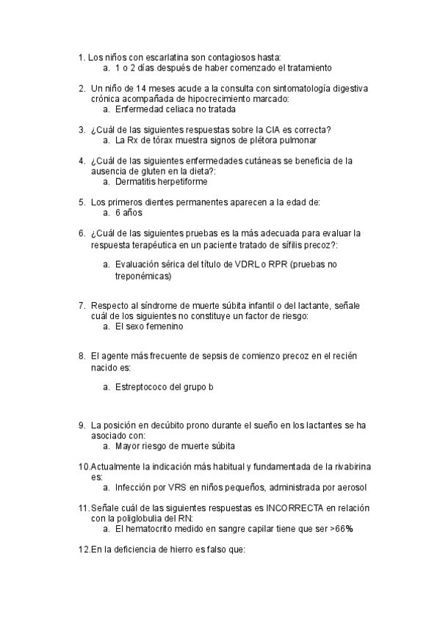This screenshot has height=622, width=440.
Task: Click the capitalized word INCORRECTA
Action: point(296,508)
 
